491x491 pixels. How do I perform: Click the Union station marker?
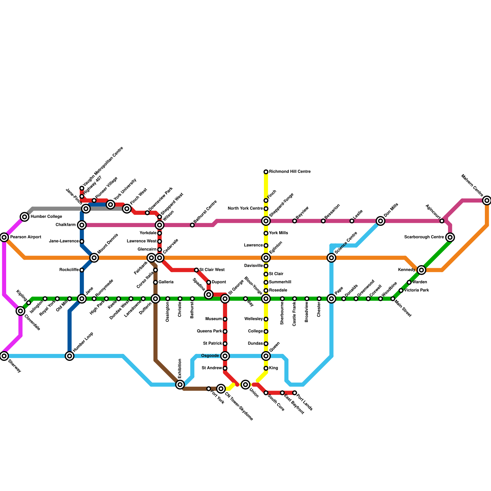click(x=245, y=385)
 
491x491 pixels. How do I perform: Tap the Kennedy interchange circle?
click(x=422, y=270)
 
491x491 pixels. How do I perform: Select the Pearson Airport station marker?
click(x=4, y=237)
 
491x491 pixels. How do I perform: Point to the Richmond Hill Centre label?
click(x=290, y=172)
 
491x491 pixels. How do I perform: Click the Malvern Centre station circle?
click(x=487, y=201)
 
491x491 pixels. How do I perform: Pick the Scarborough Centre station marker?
click(x=450, y=237)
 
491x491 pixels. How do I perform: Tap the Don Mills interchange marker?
click(x=381, y=221)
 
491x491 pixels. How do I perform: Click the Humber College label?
click(x=46, y=217)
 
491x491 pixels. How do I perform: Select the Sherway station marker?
click(x=4, y=356)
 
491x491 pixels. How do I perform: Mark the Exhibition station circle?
click(x=180, y=385)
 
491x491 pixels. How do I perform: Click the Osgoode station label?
click(x=210, y=356)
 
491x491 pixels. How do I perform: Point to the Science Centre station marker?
click(x=331, y=258)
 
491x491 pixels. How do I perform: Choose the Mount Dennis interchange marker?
click(x=94, y=258)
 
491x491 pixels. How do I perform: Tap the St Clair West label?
click(x=212, y=270)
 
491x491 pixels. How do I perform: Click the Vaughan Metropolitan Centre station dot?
click(x=82, y=188)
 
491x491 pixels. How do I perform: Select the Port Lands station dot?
click(x=295, y=393)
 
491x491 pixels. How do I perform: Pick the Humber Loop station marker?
click(x=70, y=356)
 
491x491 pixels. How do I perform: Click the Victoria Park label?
click(x=416, y=290)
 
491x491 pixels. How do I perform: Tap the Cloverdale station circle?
click(x=21, y=311)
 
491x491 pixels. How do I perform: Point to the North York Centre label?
click(x=245, y=209)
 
